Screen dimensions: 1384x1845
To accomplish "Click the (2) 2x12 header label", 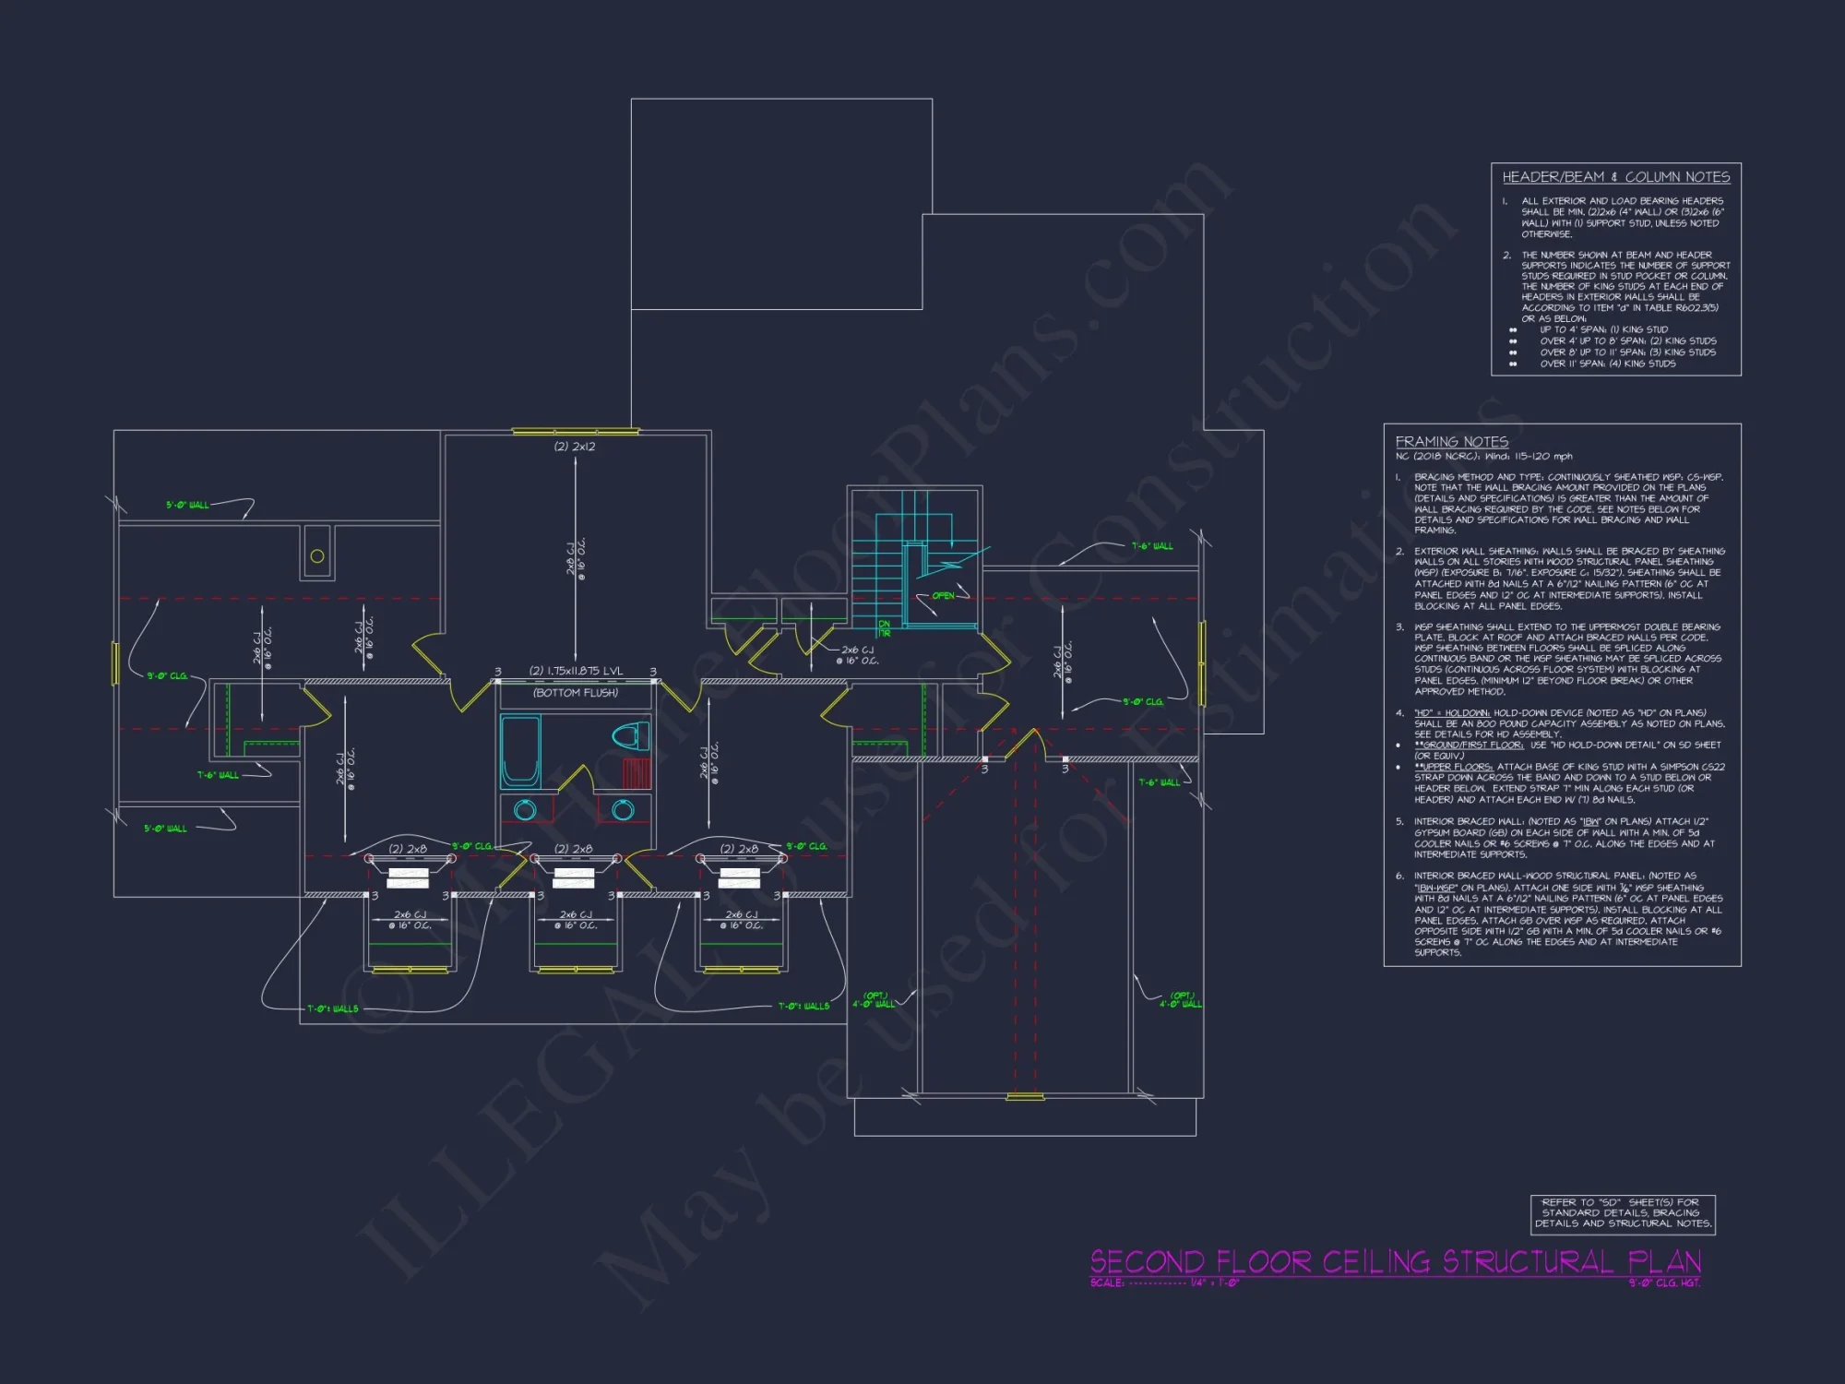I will point(574,447).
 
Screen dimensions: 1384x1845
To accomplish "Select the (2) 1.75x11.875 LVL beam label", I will point(576,672).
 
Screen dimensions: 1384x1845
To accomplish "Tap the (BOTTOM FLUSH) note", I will point(576,693).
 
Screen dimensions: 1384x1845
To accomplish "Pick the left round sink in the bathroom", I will point(525,810).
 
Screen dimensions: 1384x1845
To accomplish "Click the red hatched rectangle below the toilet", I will point(637,772).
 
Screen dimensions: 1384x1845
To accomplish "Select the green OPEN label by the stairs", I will point(943,596).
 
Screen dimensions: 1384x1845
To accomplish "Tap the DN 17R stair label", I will point(884,629).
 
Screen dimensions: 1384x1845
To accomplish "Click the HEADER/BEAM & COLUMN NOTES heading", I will point(1615,177).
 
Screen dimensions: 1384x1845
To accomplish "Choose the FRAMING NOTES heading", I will point(1451,442).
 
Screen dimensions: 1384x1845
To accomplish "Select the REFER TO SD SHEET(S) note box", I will point(1623,1213).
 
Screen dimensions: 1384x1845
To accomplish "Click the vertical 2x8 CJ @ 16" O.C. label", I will point(576,556).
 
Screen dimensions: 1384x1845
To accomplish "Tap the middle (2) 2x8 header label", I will point(573,849).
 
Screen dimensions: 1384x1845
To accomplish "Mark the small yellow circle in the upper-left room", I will point(317,556).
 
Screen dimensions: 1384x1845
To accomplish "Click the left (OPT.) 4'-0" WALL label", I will point(873,1000).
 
